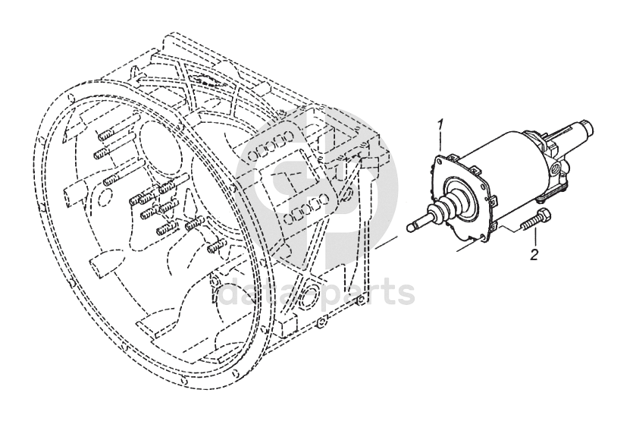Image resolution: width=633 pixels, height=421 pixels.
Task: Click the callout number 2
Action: (x=534, y=255)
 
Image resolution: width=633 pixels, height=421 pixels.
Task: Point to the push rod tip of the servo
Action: (x=411, y=225)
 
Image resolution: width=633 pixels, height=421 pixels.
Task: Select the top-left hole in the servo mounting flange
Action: (x=439, y=161)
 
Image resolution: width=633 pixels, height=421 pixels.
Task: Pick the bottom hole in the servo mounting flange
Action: (x=484, y=238)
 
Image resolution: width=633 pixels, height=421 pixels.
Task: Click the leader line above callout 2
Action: (x=534, y=238)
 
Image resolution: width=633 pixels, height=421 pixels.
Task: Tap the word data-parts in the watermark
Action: (x=318, y=292)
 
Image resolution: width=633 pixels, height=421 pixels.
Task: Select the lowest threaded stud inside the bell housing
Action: (x=216, y=247)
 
